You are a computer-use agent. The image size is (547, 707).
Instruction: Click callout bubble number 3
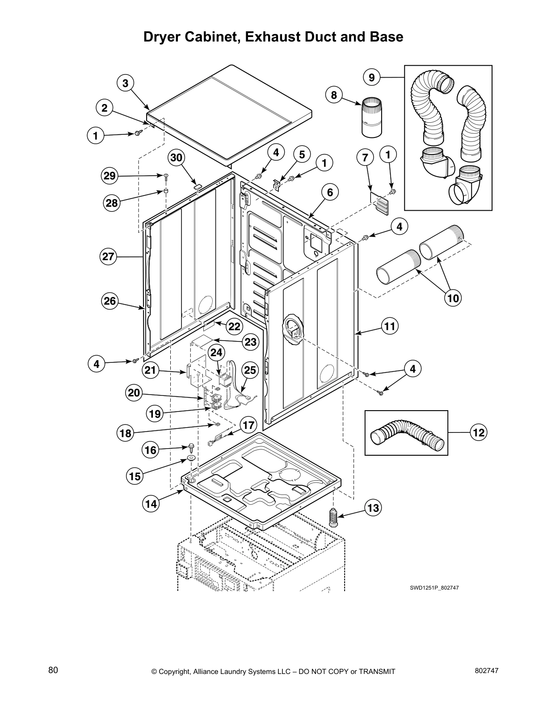pyautogui.click(x=126, y=83)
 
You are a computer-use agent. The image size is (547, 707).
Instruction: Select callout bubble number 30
pyautogui.click(x=177, y=158)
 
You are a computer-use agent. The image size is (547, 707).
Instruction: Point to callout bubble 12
pyautogui.click(x=478, y=432)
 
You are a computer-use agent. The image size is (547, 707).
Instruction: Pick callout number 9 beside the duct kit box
pyautogui.click(x=372, y=78)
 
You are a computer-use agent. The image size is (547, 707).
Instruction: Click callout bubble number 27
pyautogui.click(x=108, y=257)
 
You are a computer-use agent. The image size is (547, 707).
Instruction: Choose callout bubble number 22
pyautogui.click(x=234, y=326)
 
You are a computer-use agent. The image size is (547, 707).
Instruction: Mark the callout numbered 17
pyautogui.click(x=248, y=424)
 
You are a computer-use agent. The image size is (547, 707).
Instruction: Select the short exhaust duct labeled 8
pyautogui.click(x=372, y=117)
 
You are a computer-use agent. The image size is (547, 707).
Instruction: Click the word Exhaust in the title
pyautogui.click(x=274, y=37)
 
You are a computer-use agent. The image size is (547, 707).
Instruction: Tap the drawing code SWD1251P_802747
pyautogui.click(x=434, y=588)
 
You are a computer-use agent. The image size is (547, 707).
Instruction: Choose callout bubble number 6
pyautogui.click(x=330, y=192)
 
